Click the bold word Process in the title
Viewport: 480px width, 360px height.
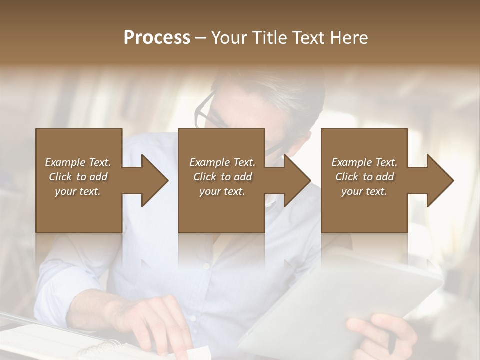(x=157, y=38)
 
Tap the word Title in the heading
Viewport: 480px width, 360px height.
(x=267, y=38)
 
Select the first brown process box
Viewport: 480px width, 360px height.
(x=78, y=150)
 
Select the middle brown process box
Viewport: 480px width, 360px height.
(x=221, y=150)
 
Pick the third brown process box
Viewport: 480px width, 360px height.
(x=364, y=150)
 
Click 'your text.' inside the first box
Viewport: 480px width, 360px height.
(x=78, y=191)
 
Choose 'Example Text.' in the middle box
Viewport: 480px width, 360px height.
(x=222, y=162)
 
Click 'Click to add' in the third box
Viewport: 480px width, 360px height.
(x=365, y=177)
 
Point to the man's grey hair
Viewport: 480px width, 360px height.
(x=295, y=95)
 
